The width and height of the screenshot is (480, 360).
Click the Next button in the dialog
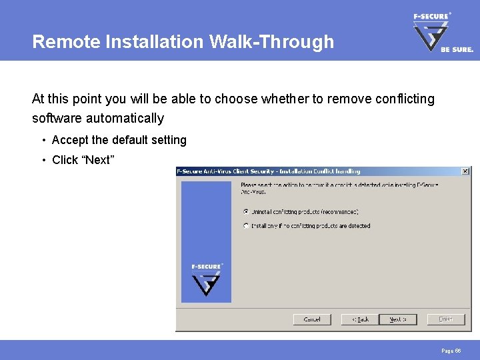[397, 319]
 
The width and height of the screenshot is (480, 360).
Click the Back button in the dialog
[359, 319]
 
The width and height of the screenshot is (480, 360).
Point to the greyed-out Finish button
[445, 319]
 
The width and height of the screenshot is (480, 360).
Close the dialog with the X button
[465, 171]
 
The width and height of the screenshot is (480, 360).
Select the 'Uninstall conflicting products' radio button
[247, 211]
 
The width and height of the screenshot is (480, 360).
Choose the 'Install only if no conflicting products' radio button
[247, 226]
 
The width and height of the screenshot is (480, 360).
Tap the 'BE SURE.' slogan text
[457, 49]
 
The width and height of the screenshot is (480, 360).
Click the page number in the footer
[451, 350]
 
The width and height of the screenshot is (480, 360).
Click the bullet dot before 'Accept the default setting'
[43, 141]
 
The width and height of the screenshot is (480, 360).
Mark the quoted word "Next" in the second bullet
[97, 160]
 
